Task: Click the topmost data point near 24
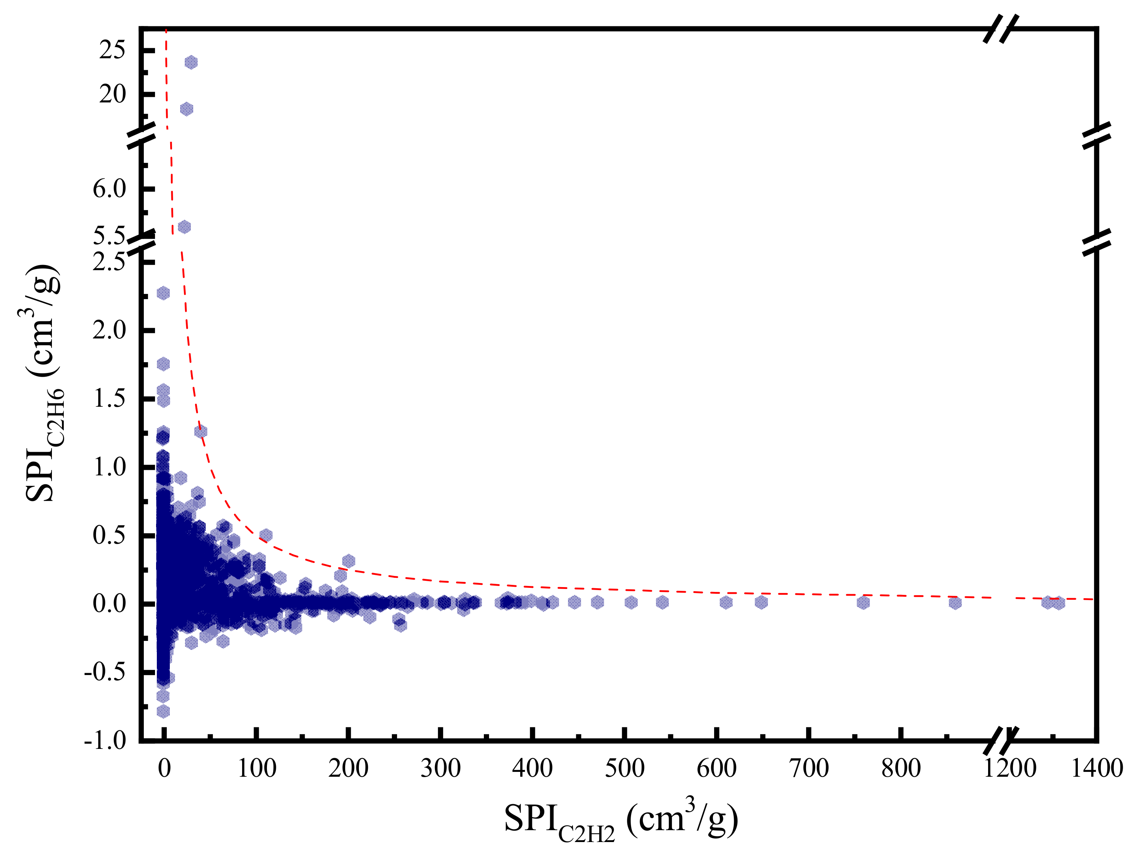point(191,62)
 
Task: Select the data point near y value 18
point(186,109)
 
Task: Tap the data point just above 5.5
point(184,227)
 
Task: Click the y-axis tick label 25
point(112,50)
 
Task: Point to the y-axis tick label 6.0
point(109,189)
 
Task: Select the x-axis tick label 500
point(624,768)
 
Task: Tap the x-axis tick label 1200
point(1009,768)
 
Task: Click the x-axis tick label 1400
point(1097,768)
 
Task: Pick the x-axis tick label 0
point(164,768)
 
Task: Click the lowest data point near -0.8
point(163,711)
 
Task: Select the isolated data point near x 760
point(864,602)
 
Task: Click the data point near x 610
point(726,602)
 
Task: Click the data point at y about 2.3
point(163,293)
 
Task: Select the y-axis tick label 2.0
point(109,330)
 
